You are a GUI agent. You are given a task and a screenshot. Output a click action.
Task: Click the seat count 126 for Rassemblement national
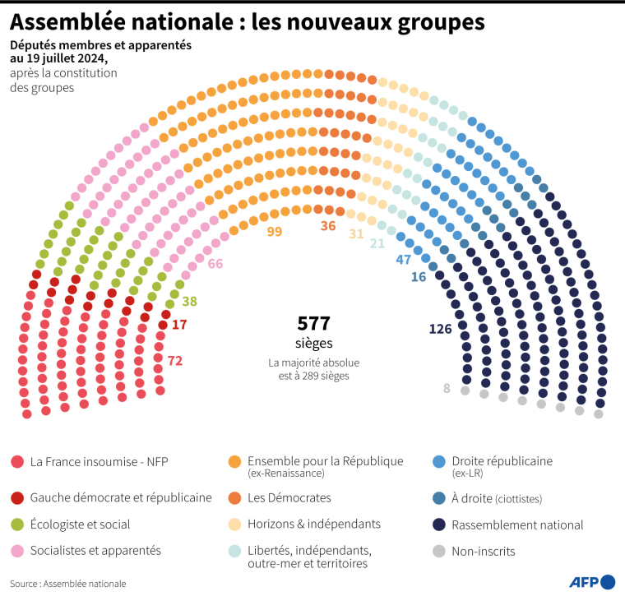tap(441, 330)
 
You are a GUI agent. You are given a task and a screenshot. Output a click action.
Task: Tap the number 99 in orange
tap(275, 232)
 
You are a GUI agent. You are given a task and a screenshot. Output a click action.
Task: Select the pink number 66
tap(215, 264)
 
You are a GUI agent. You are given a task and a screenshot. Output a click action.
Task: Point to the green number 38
tap(189, 302)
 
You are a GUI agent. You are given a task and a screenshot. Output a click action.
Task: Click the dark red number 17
tap(179, 325)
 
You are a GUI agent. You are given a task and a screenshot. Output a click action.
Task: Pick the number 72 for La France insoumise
tap(174, 361)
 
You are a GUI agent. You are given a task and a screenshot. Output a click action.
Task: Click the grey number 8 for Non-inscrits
tap(447, 389)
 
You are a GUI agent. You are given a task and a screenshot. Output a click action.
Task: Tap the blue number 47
tap(404, 260)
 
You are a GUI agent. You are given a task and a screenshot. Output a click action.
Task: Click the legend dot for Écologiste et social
tap(16, 524)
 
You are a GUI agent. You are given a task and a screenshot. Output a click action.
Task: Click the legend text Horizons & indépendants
tap(314, 524)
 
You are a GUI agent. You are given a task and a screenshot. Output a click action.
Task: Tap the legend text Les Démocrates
tap(289, 497)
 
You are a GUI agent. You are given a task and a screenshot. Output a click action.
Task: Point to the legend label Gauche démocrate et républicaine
tap(121, 497)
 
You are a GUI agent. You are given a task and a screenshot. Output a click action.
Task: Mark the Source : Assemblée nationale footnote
tap(69, 584)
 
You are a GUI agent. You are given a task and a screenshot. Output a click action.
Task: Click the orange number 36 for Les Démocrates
tap(328, 225)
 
